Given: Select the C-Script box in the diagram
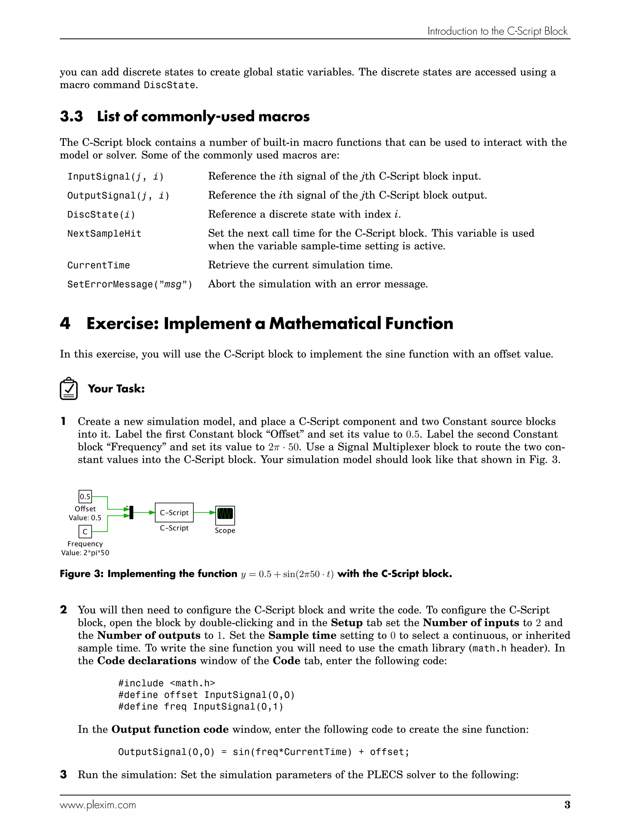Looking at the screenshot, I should click(x=174, y=512).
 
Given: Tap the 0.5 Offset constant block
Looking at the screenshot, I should click(x=85, y=496).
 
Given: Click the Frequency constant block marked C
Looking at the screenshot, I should click(x=85, y=531).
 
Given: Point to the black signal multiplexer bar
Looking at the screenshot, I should click(x=131, y=512).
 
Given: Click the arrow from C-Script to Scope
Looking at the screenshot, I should click(x=205, y=512).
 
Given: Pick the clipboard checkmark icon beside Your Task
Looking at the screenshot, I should click(x=69, y=389).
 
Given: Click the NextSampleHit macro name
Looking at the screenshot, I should click(x=104, y=234).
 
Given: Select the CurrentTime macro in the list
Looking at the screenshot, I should click(x=99, y=265).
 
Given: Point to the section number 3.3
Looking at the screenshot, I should click(x=71, y=117).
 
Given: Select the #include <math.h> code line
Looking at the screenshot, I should click(x=166, y=683).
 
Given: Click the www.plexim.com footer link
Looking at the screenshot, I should click(x=98, y=805).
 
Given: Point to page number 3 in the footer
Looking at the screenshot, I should click(x=567, y=805).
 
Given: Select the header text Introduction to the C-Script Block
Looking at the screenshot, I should click(x=497, y=31).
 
